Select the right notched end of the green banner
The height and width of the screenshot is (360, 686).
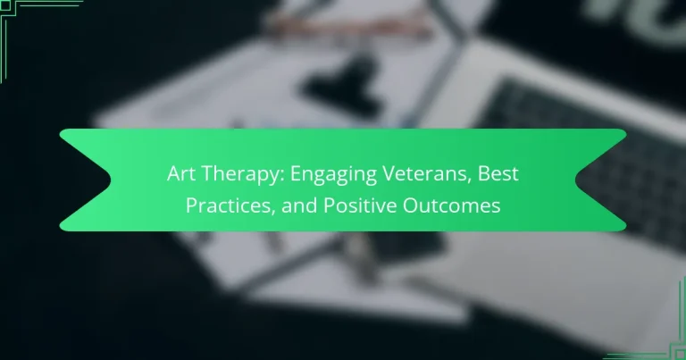point(604,180)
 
